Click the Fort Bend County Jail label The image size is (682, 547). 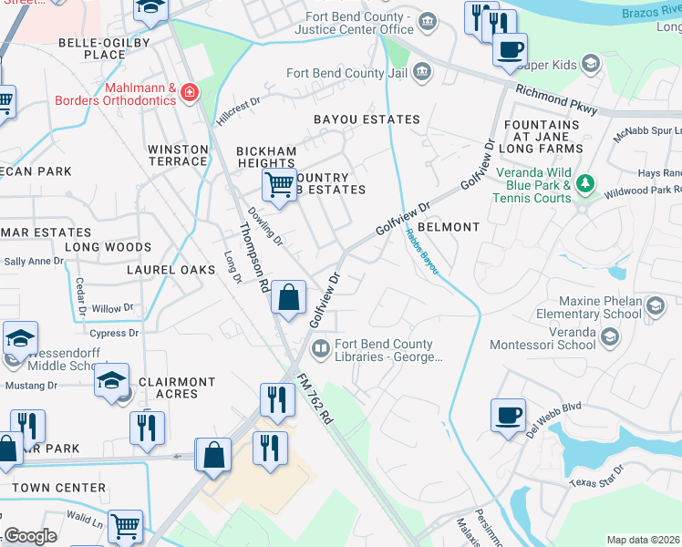click(x=346, y=72)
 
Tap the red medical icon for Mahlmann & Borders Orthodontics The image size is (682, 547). click(x=190, y=92)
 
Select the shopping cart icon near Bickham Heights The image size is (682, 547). click(x=280, y=184)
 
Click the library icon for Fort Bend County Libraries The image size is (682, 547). click(x=320, y=348)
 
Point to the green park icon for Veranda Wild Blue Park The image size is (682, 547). click(x=585, y=186)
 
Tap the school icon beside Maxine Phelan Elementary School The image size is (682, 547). click(x=655, y=307)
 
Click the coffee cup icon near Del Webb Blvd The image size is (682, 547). click(x=509, y=416)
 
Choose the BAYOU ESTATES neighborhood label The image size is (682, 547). click(x=367, y=119)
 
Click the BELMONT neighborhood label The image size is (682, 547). click(x=449, y=227)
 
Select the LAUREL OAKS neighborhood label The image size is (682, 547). click(x=170, y=270)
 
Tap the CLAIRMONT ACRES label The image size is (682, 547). click(x=177, y=388)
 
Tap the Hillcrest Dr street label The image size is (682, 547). click(x=238, y=113)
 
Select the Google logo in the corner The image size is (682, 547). click(x=30, y=536)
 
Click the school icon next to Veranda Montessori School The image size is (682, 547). click(x=610, y=337)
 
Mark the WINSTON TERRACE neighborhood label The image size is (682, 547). click(x=178, y=155)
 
